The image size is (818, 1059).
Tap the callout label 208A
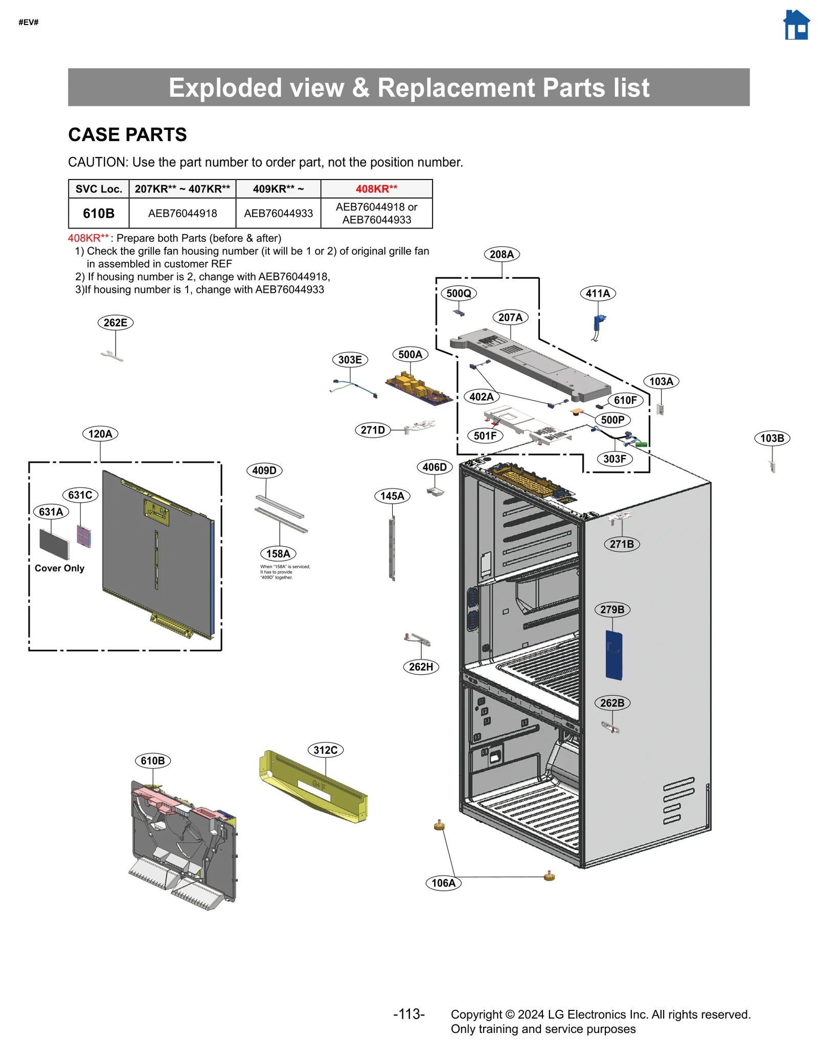[501, 254]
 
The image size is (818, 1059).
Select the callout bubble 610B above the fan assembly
[152, 760]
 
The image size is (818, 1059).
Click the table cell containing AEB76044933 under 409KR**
[278, 213]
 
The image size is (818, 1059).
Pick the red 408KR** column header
[376, 189]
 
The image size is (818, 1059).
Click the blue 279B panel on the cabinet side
[613, 655]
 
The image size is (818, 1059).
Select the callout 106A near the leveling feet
[443, 883]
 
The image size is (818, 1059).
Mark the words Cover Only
[59, 568]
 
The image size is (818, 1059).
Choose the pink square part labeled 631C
[84, 536]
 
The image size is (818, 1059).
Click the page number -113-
[408, 1014]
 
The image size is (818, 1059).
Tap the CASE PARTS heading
[127, 134]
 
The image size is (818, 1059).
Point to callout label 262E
[115, 323]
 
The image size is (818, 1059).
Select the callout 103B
[771, 438]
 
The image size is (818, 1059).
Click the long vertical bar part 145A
[392, 548]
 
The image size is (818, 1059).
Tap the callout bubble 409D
[264, 470]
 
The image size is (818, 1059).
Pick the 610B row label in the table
[99, 213]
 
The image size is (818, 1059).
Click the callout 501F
[485, 436]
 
